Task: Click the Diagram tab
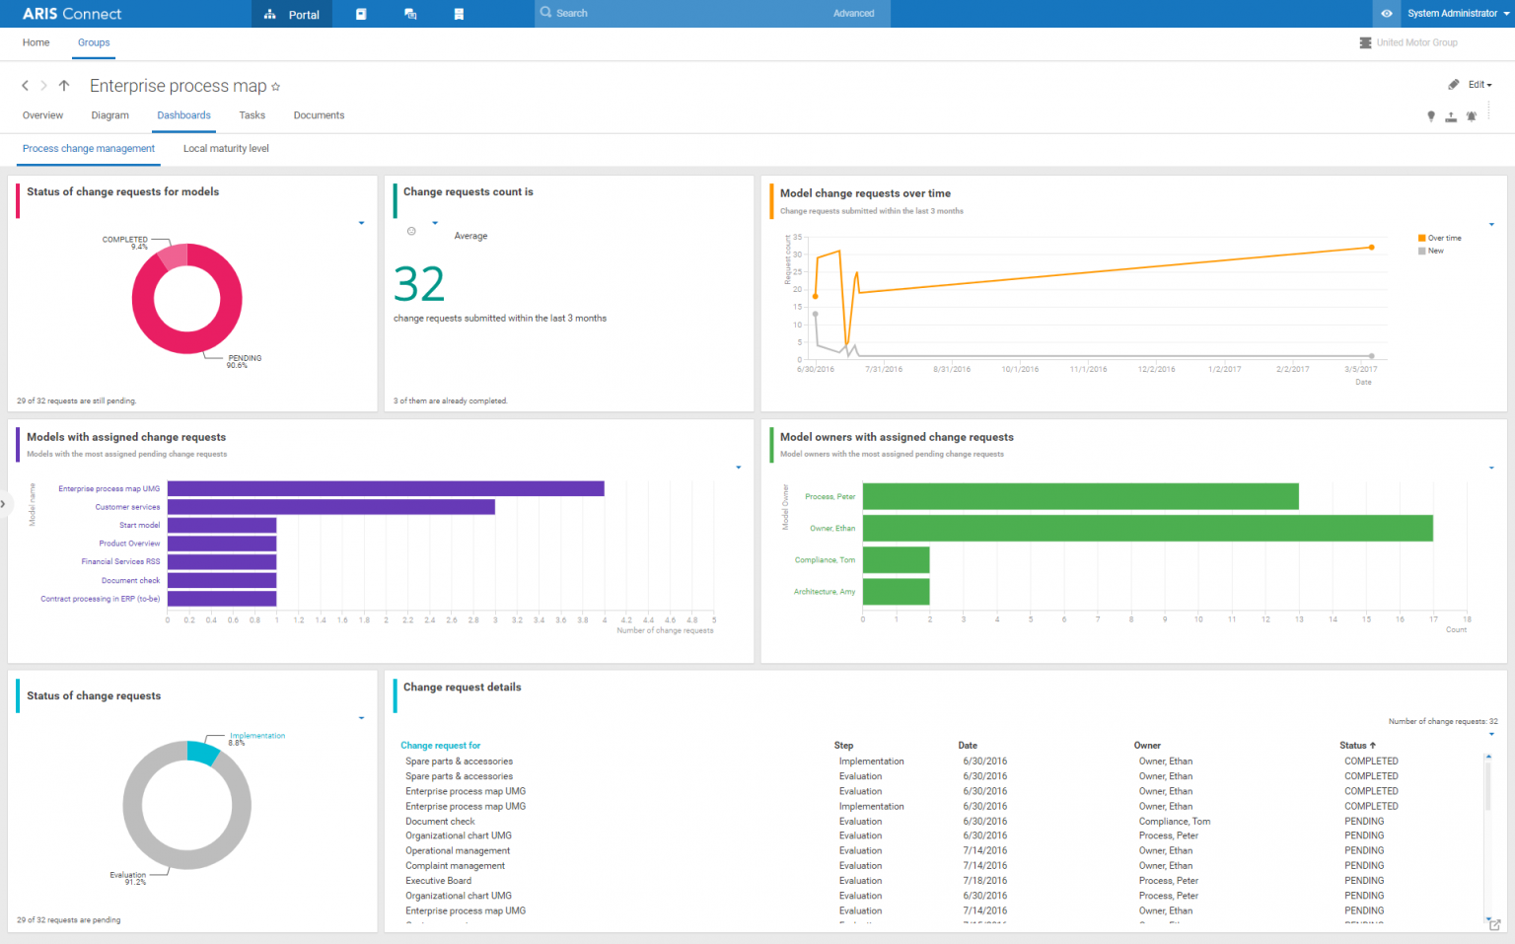[109, 115]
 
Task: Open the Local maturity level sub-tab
[226, 149]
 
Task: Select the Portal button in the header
[292, 14]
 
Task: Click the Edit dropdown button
[1479, 85]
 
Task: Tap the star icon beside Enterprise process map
[276, 87]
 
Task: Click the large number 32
[419, 285]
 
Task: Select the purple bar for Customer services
[330, 507]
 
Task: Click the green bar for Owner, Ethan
[1147, 528]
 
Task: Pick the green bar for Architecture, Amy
[896, 592]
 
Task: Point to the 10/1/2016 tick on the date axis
[1020, 369]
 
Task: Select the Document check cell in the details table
[440, 822]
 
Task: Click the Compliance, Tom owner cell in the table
[1174, 822]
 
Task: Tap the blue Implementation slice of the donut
[202, 753]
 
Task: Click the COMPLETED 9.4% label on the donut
[125, 242]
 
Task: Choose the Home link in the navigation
[36, 42]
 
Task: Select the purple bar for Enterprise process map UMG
[385, 488]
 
